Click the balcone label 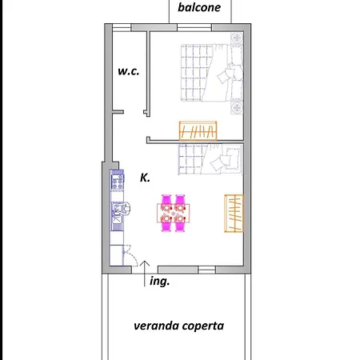199,7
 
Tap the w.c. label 129,71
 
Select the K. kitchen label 145,178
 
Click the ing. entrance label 160,282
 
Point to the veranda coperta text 178,326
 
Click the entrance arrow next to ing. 145,274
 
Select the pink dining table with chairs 174,213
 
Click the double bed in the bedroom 212,73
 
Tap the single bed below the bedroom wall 210,159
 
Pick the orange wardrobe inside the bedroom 198,130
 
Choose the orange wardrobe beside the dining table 234,214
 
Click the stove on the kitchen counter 117,181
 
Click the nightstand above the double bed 237,38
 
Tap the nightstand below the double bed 237,108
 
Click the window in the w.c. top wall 122,27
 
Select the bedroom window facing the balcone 194,27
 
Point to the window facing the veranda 207,270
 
